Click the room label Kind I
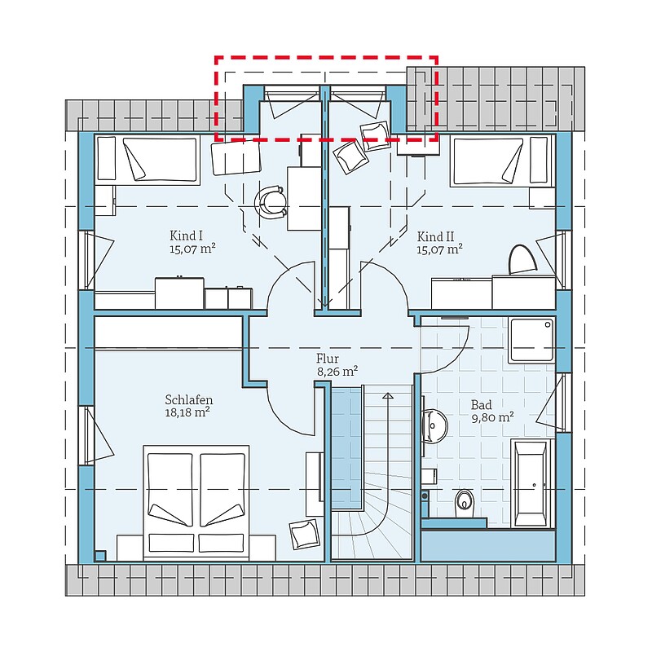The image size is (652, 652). point(186,236)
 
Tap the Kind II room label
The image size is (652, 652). point(435,236)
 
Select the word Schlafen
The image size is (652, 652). point(189,399)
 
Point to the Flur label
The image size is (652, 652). point(328,358)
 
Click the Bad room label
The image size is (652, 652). point(481,404)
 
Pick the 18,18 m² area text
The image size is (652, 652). point(187,412)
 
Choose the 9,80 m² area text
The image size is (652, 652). point(492,417)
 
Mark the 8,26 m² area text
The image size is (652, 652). point(337,371)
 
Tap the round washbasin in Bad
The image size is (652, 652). point(434,426)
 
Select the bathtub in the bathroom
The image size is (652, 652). point(531,483)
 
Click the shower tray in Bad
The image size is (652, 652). point(532,340)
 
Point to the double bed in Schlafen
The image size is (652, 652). point(196,503)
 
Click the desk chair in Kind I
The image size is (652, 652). point(271,202)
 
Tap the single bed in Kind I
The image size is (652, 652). point(147,159)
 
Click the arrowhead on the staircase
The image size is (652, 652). point(388,395)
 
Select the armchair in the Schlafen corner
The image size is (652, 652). point(305,534)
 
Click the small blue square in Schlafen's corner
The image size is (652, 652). point(100,556)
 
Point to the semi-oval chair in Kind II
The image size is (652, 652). point(522,259)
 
